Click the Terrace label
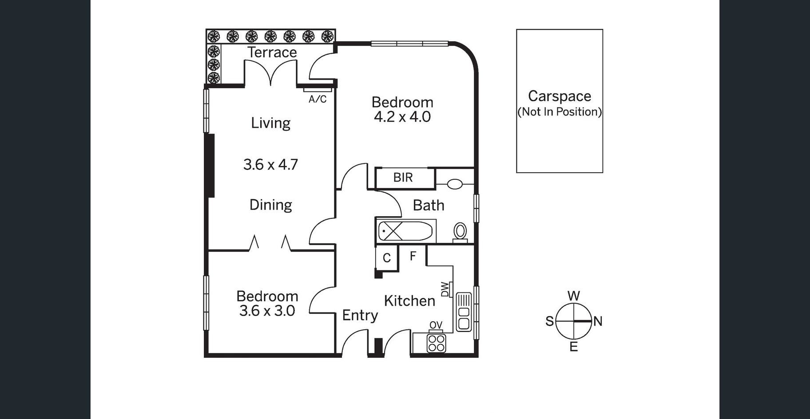pyautogui.click(x=272, y=52)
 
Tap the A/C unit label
pyautogui.click(x=318, y=99)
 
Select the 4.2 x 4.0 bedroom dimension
pyautogui.click(x=402, y=117)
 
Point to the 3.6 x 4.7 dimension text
pyautogui.click(x=270, y=165)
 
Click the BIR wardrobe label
pyautogui.click(x=403, y=178)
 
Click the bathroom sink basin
pyautogui.click(x=454, y=184)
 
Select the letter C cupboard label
pyautogui.click(x=387, y=258)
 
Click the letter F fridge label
pyautogui.click(x=413, y=256)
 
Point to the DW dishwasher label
pyautogui.click(x=445, y=289)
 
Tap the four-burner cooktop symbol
pyautogui.click(x=436, y=343)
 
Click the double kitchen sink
pyautogui.click(x=463, y=312)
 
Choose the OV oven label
pyautogui.click(x=436, y=325)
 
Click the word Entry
pyautogui.click(x=360, y=316)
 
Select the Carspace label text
pyautogui.click(x=560, y=96)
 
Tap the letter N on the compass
pyautogui.click(x=598, y=321)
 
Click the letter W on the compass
pyautogui.click(x=574, y=296)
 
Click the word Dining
pyautogui.click(x=271, y=205)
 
